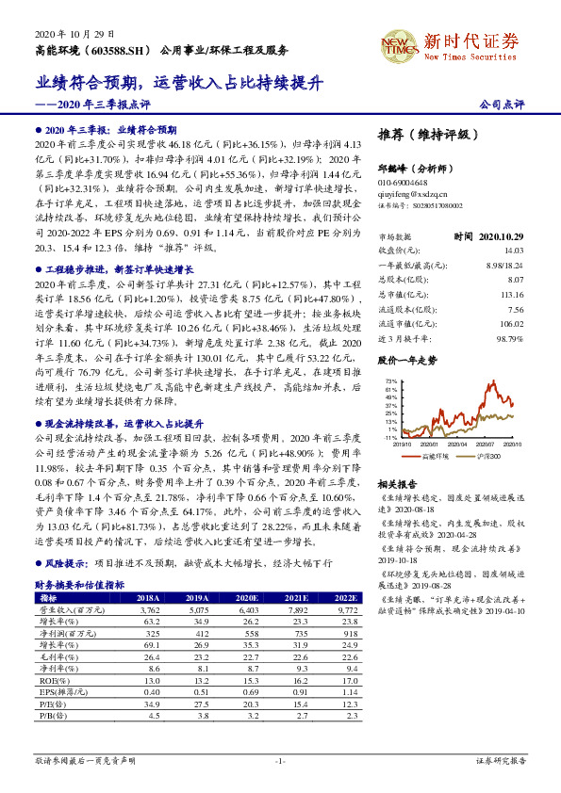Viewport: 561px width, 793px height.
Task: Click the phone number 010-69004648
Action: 403,182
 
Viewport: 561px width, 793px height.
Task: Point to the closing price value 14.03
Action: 513,251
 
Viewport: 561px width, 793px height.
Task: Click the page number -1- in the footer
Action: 279,760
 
